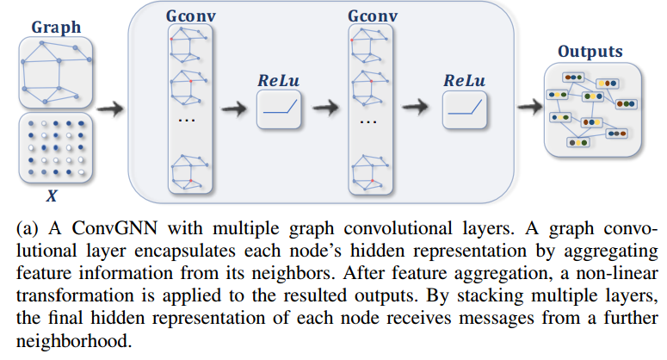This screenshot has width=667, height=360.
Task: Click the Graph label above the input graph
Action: point(56,28)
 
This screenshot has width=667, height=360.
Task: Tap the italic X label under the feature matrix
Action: point(52,196)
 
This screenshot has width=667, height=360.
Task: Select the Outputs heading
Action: point(590,52)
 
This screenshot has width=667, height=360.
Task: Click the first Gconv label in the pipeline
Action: point(190,17)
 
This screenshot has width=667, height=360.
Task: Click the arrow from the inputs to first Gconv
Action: point(109,109)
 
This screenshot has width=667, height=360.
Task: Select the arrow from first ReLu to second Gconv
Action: point(325,109)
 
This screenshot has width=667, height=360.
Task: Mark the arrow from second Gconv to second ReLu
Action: point(417,109)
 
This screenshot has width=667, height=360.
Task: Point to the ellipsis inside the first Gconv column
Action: point(188,121)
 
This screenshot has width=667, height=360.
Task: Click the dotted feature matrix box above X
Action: point(56,147)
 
